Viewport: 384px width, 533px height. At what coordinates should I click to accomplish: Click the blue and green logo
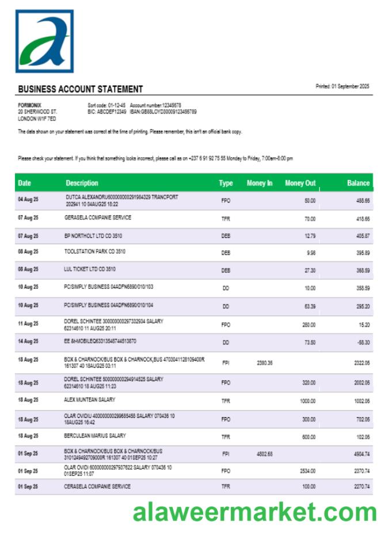[44, 41]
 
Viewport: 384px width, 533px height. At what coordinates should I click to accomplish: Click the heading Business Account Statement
[80, 89]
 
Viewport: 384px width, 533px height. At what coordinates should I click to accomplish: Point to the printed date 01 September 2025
[343, 86]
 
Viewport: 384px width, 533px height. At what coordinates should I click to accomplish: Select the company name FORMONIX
[29, 105]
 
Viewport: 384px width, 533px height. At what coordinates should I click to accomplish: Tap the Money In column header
[260, 183]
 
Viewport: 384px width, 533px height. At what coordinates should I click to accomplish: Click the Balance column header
[358, 183]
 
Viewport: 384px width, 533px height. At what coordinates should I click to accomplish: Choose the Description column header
[82, 183]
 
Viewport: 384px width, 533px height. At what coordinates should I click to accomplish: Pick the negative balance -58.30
[363, 342]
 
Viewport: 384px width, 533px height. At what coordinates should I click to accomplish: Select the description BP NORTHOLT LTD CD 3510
[93, 235]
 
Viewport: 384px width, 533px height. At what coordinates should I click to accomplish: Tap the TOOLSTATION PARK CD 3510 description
[95, 252]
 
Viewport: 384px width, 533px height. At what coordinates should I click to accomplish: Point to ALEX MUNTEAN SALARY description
[90, 399]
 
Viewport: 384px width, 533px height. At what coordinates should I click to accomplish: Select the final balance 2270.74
[362, 487]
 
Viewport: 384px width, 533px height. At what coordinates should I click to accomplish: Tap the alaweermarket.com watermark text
[254, 511]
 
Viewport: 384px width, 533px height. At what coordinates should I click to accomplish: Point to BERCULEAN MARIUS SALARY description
[95, 436]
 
